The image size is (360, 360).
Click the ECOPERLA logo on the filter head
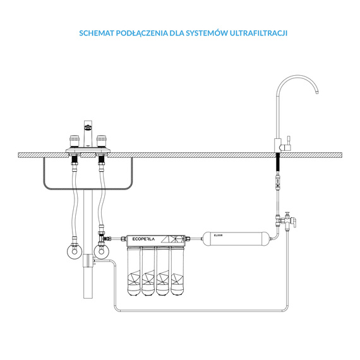(143, 239)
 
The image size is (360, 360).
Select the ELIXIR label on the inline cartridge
(218, 236)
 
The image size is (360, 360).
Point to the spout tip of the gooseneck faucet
(317, 92)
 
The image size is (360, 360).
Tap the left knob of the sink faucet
(74, 141)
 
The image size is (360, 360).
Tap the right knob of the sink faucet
(101, 141)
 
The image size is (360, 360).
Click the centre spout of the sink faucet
(88, 134)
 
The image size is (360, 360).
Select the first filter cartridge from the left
(134, 271)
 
